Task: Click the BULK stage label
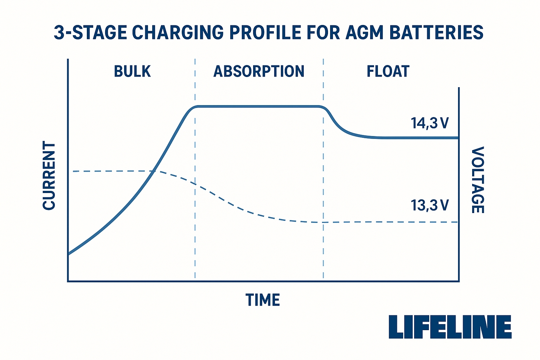132,71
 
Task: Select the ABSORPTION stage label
259,71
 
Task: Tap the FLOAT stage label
388,71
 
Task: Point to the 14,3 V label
430,123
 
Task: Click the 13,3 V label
430,205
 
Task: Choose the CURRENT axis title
49,175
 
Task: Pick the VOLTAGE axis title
478,180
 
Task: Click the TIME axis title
263,300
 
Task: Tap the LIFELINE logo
450,327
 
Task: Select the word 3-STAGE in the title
90,32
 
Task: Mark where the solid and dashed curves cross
153,171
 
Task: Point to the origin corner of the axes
68,281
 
